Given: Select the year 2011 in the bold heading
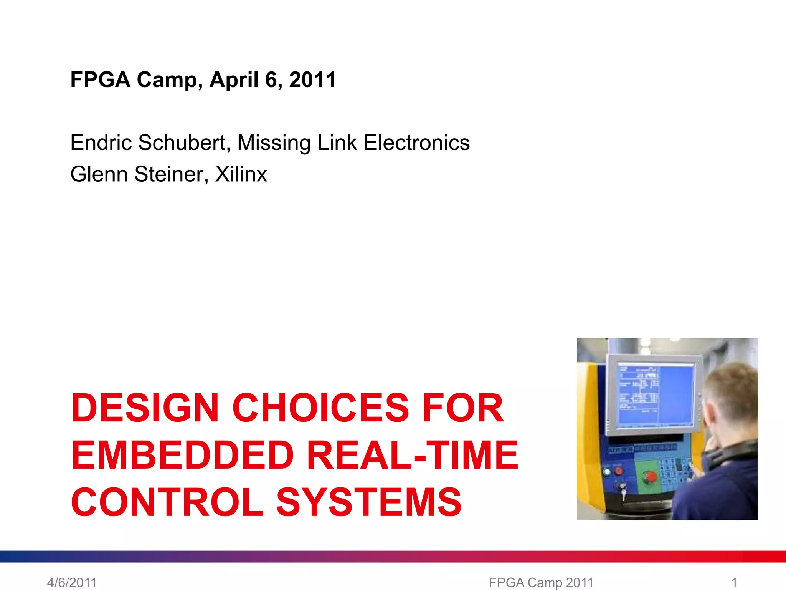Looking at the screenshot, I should click(312, 80).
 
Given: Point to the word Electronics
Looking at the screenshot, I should click(416, 143).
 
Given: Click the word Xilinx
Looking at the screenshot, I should click(241, 174).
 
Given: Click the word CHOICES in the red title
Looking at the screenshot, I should click(321, 408).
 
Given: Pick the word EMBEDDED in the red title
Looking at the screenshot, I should click(183, 456).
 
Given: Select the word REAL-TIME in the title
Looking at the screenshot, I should click(413, 456).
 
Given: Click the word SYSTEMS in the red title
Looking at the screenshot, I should click(369, 502).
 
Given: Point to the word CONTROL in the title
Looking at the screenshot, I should click(167, 502).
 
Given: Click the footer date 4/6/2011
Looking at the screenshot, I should click(72, 582).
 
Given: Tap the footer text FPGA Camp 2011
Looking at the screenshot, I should click(541, 582).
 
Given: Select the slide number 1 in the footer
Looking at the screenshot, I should click(734, 582).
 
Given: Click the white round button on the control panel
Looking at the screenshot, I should click(607, 472).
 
